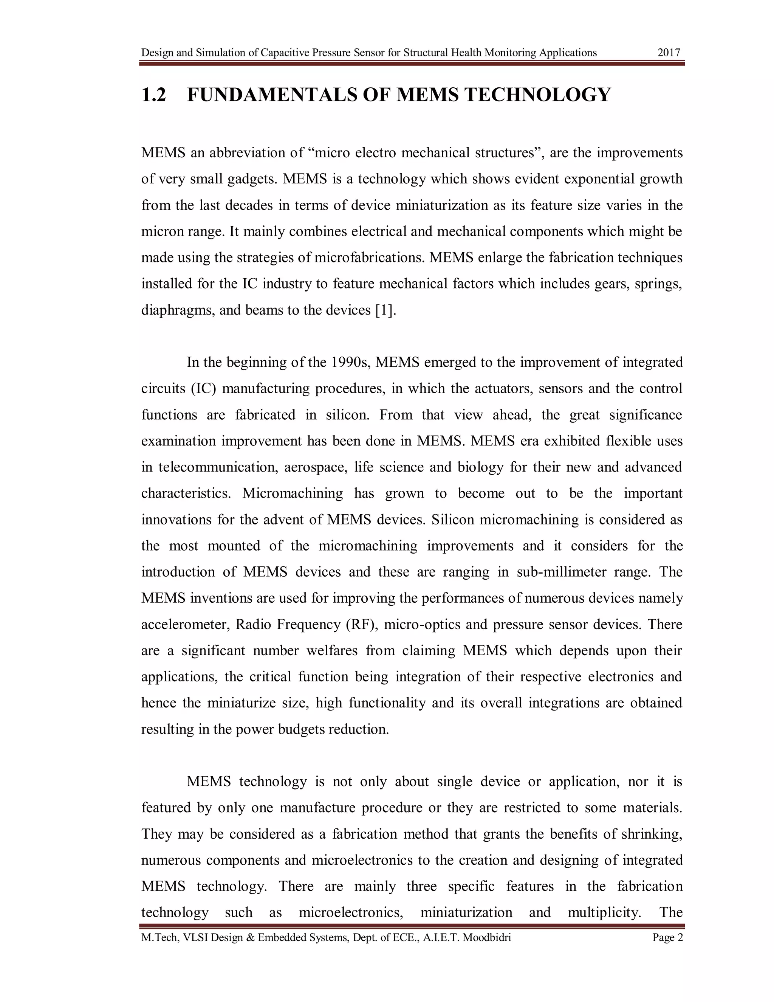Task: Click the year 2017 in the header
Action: [669, 53]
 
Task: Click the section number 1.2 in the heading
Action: [153, 95]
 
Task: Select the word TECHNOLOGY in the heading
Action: [537, 95]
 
